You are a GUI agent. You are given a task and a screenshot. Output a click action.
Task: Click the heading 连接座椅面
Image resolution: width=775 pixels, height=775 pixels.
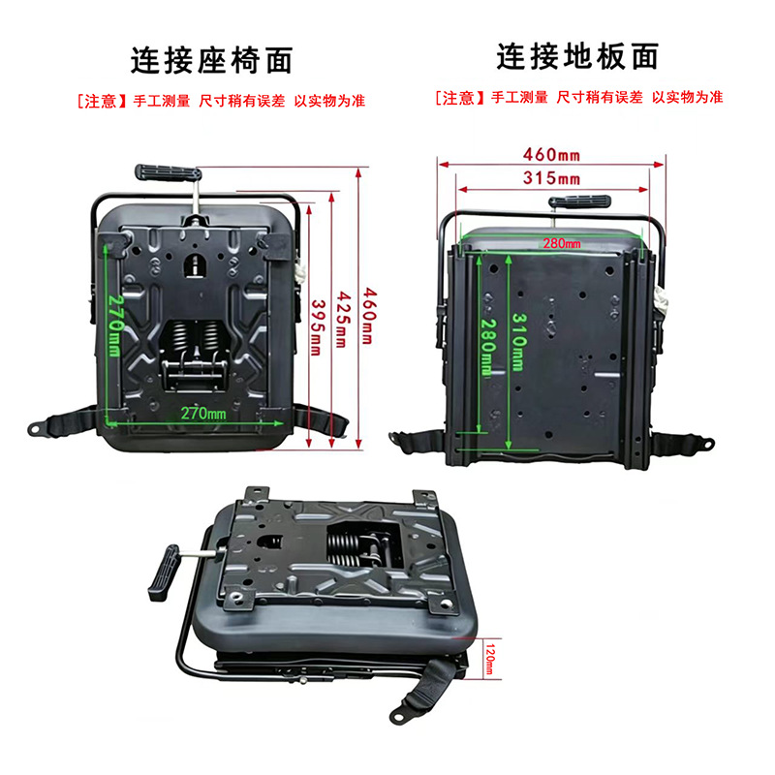[211, 60]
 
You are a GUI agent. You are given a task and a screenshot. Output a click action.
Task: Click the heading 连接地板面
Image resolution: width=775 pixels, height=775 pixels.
[577, 56]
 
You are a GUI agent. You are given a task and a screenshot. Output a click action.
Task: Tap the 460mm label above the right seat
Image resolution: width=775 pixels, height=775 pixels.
[551, 155]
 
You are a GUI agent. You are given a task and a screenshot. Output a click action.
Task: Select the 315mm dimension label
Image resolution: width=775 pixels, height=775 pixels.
[551, 177]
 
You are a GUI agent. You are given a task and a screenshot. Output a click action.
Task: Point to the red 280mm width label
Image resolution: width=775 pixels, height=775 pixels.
[562, 243]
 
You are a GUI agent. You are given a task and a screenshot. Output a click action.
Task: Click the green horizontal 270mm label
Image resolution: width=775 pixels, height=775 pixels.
[203, 414]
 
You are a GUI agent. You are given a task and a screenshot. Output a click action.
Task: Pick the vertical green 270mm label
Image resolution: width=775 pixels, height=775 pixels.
[115, 325]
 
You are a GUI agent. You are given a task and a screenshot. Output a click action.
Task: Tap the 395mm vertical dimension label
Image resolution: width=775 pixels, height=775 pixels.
[317, 327]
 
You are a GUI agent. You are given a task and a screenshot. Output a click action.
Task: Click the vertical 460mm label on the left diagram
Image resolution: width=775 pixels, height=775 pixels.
[369, 317]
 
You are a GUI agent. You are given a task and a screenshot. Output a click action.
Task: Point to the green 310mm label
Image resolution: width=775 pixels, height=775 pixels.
[518, 342]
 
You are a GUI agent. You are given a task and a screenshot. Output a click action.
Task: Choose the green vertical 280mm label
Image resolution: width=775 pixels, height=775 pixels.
[488, 347]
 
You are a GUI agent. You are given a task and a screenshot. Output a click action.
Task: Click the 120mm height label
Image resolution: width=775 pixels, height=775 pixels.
[489, 660]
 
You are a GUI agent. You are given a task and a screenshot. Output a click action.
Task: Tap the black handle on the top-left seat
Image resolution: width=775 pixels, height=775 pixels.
[168, 172]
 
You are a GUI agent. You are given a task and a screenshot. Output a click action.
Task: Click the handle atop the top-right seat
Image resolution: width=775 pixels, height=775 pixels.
[579, 201]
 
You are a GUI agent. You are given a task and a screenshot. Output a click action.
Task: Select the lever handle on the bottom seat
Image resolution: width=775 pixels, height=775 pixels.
[164, 573]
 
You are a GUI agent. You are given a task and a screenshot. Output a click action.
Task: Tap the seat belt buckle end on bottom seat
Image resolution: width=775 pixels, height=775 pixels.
[400, 713]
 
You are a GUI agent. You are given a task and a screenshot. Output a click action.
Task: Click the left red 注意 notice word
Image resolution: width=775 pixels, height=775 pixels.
[100, 102]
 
